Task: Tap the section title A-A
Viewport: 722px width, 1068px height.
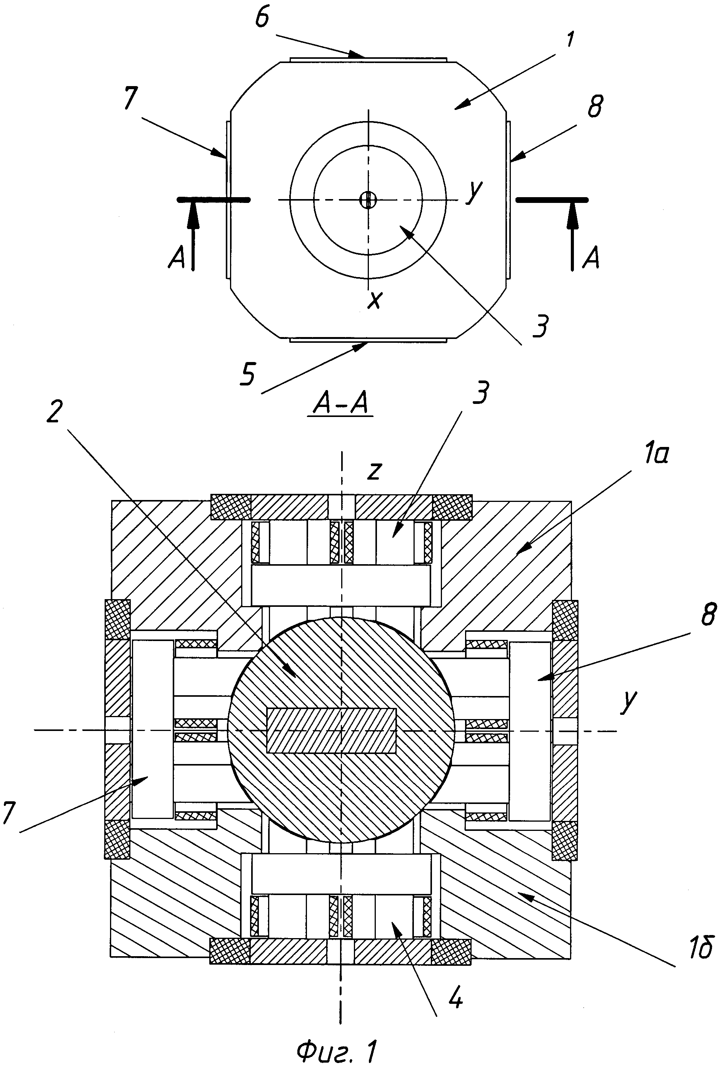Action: point(340,405)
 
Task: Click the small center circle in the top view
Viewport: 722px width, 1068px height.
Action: point(368,199)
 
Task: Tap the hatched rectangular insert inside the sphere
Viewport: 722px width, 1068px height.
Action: point(331,731)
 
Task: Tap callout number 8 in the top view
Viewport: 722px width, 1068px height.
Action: point(595,106)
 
